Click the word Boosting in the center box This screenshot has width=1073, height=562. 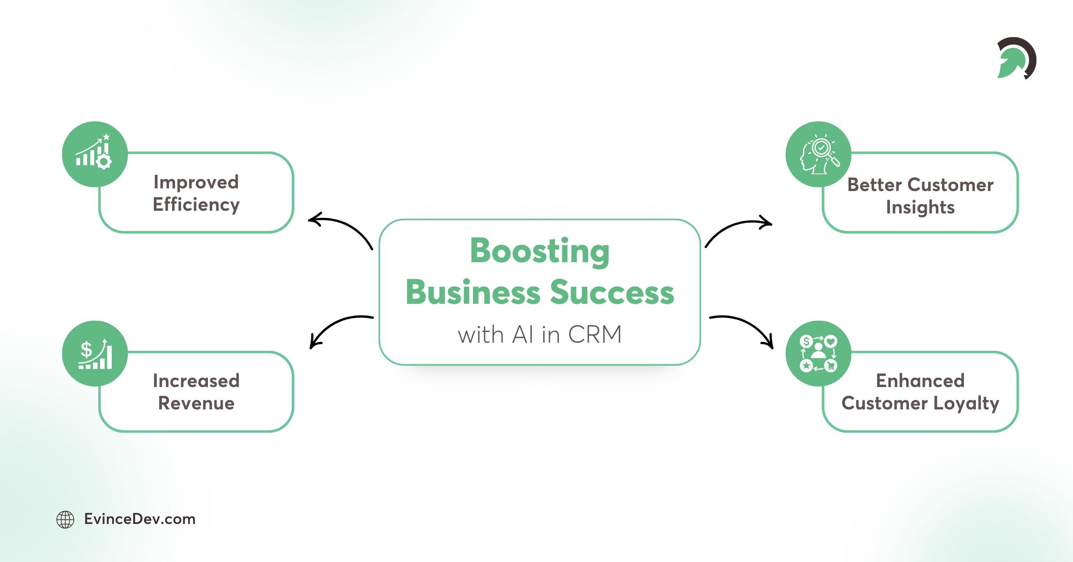click(x=540, y=251)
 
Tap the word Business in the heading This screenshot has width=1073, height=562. click(x=473, y=293)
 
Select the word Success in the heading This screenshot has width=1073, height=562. click(x=612, y=293)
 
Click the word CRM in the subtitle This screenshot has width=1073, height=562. click(x=595, y=335)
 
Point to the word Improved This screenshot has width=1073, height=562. click(x=196, y=183)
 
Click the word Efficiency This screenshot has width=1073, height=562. click(x=196, y=205)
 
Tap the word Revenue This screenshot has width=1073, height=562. click(x=196, y=404)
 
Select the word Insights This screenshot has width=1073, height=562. click(x=920, y=208)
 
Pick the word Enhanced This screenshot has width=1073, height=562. click(x=920, y=381)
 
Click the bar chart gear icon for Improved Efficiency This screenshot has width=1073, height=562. click(x=94, y=153)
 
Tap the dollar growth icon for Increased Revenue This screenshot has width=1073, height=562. click(x=94, y=353)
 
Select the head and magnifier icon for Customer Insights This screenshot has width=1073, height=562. click(x=818, y=154)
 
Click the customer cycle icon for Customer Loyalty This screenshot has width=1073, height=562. click(x=818, y=353)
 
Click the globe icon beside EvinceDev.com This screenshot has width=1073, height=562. click(x=65, y=519)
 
